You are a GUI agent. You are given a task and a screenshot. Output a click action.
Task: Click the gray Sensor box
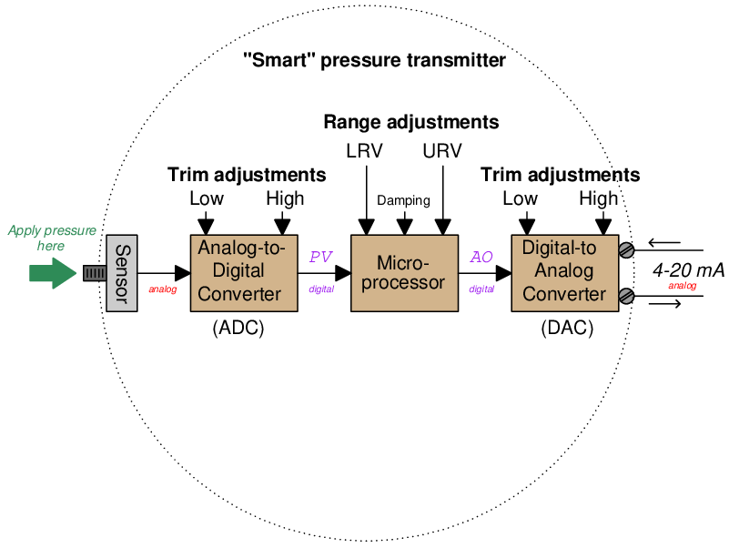pos(121,273)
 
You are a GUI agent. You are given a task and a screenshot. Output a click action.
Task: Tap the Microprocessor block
pos(404,273)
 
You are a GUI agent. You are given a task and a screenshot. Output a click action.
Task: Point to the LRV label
pos(364,150)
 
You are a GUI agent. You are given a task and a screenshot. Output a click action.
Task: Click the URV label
pos(442,150)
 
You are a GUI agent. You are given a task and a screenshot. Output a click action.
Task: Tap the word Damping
pos(403,200)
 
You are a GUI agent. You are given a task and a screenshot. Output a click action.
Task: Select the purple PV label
pos(320,257)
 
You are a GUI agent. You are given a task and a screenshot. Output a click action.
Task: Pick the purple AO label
pos(481,257)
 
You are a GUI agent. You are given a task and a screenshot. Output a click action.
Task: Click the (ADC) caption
pos(238,329)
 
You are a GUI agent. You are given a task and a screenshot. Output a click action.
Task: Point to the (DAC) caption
pos(566,329)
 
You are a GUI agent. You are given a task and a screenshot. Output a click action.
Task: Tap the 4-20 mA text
pos(687,270)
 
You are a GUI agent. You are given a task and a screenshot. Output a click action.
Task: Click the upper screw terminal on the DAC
pos(626,250)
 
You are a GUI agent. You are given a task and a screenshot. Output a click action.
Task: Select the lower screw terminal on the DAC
pos(626,295)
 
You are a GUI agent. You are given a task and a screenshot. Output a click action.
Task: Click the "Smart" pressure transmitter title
pos(374,62)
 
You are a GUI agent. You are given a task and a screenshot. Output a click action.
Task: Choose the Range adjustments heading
pos(410,122)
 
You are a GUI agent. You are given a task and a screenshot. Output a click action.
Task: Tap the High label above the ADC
pos(284,198)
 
